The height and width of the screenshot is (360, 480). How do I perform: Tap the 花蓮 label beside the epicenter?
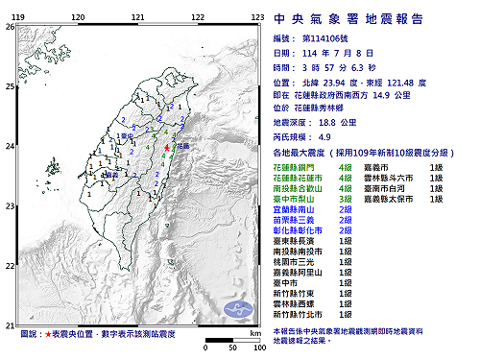pyautogui.click(x=183, y=146)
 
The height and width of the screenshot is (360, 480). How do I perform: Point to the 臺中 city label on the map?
pyautogui.click(x=127, y=137)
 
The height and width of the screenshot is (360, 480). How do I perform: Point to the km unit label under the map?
pyautogui.click(x=253, y=331)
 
